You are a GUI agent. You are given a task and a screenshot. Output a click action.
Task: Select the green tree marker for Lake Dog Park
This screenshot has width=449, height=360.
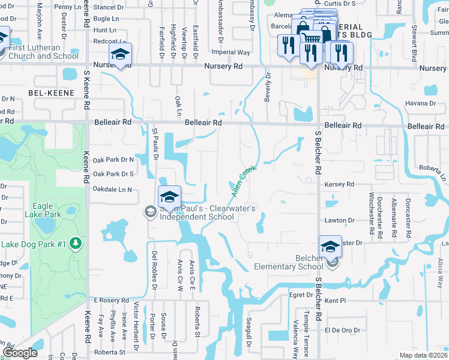76,244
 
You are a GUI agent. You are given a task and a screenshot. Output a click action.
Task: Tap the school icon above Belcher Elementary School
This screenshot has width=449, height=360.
330,245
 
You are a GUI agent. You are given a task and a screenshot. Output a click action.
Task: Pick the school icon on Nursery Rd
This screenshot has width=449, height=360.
121,56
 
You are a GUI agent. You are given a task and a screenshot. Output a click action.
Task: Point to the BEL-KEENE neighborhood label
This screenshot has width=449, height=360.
51,93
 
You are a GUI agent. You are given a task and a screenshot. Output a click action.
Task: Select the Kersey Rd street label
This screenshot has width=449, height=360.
339,184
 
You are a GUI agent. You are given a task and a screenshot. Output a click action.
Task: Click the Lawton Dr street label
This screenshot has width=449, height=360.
336,220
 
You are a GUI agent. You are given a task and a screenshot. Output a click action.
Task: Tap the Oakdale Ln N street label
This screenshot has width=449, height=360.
112,190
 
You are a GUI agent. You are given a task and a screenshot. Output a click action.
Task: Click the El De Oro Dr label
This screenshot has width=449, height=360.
342,330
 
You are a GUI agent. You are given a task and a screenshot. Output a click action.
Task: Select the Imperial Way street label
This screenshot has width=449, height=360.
235,53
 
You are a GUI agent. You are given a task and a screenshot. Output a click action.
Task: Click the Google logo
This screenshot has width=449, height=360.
20,353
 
